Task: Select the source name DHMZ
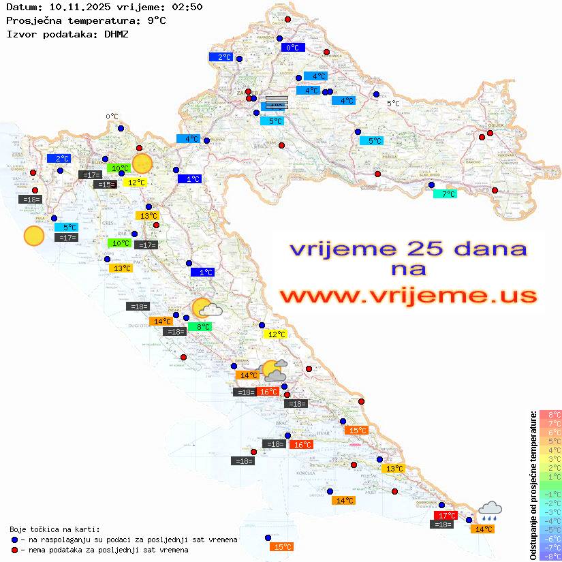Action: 115,33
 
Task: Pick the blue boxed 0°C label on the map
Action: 293,48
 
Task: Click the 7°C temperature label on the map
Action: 446,194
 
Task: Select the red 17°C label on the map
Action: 446,516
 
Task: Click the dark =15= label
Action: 104,185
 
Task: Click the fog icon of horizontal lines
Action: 277,103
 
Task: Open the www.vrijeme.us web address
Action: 407,296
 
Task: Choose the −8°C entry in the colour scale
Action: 550,556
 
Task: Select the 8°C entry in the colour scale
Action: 550,414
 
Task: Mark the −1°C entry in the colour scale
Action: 550,494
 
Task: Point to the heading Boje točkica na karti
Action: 54,529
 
